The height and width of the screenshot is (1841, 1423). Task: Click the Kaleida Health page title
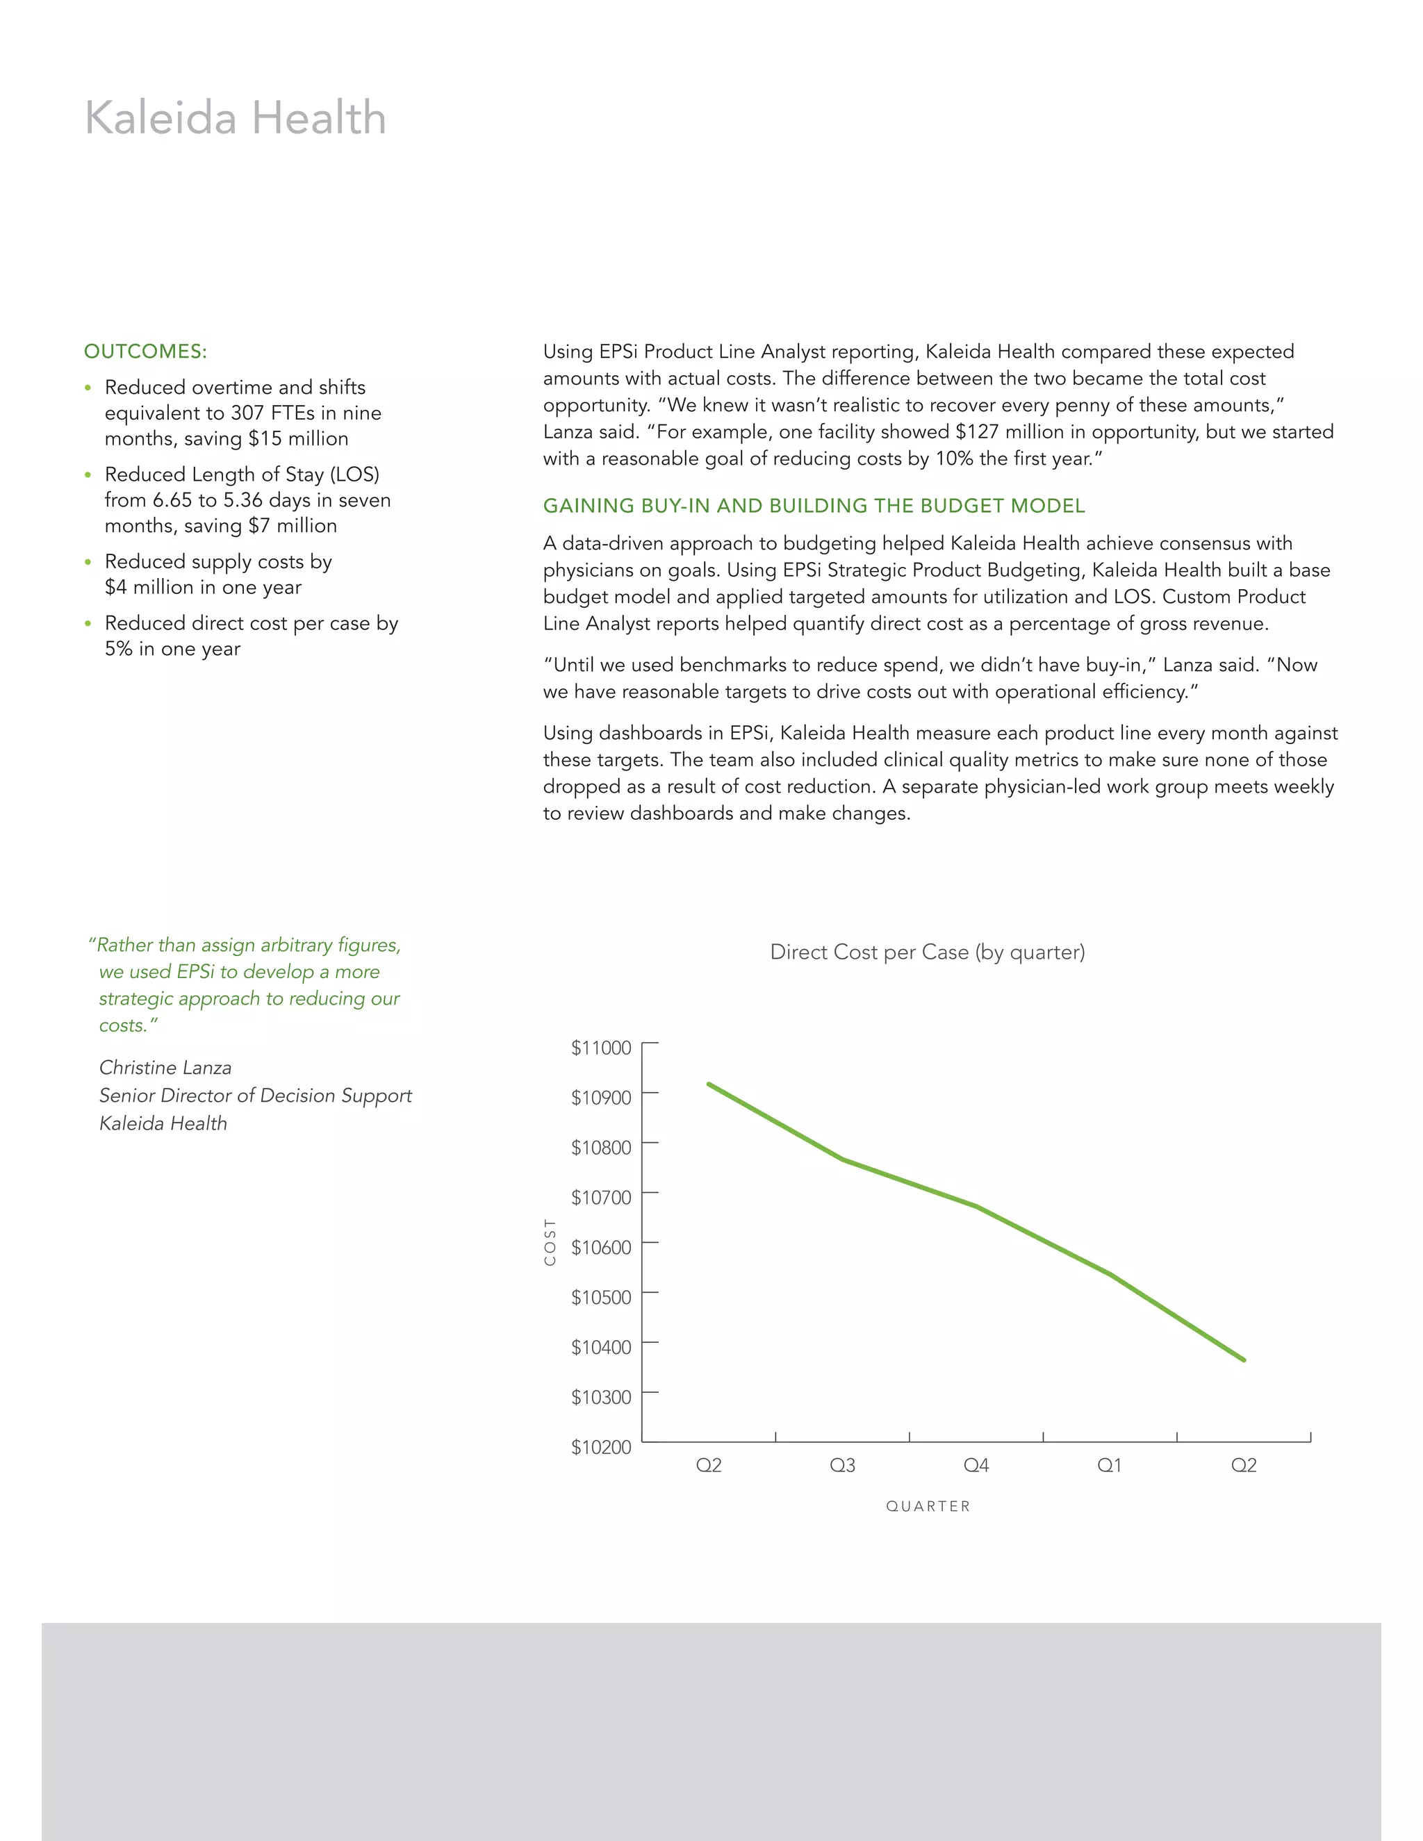coord(236,118)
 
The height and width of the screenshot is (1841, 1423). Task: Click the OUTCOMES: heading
coord(145,352)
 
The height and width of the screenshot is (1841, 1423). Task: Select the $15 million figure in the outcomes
coord(297,438)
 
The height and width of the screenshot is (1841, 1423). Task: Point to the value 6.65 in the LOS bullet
coord(172,500)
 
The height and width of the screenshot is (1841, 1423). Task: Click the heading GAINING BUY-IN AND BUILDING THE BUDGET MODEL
coord(814,506)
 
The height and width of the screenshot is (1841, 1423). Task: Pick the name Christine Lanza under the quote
coord(165,1067)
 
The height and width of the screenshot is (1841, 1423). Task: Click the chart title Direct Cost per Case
coord(928,952)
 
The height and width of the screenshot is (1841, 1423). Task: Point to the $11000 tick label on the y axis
coord(600,1048)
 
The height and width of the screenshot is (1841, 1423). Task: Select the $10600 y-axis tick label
coord(600,1248)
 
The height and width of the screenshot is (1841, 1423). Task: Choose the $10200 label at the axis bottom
coord(600,1447)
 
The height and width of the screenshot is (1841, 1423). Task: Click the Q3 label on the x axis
coord(842,1466)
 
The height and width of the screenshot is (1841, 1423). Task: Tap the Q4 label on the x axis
coord(976,1466)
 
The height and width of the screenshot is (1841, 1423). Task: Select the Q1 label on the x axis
coord(1110,1466)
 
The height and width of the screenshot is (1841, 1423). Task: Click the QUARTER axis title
coord(928,1506)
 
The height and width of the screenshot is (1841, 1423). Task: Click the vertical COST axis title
coord(550,1241)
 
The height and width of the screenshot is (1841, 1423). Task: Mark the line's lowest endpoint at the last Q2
coord(1244,1360)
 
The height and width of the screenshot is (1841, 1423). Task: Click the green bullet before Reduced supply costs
coord(88,562)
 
